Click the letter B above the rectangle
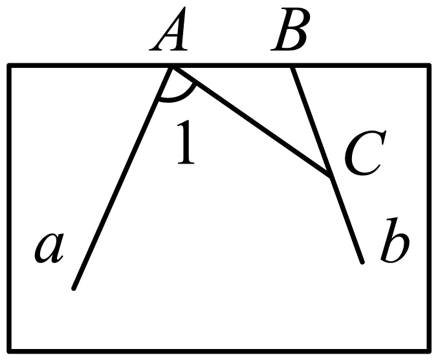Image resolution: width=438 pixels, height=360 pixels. click(x=290, y=29)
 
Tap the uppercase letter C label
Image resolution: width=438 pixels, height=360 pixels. click(x=365, y=153)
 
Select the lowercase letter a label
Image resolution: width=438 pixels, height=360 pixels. click(x=49, y=248)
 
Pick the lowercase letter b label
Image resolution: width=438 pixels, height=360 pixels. click(x=395, y=240)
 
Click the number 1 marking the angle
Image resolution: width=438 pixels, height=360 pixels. click(x=186, y=142)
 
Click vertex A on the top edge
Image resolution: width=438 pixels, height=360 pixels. click(x=172, y=67)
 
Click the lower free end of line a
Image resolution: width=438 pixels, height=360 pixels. click(x=74, y=288)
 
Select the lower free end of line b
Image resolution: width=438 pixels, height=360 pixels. click(x=362, y=262)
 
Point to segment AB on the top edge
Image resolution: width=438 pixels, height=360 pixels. click(x=232, y=66)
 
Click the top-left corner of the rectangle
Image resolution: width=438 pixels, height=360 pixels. click(x=9, y=66)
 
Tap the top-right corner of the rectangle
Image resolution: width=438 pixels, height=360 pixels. click(x=429, y=66)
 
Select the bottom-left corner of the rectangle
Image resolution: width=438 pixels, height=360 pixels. click(x=9, y=351)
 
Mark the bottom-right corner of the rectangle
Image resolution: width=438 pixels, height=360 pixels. click(x=429, y=351)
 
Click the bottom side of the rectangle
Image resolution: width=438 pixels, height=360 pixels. click(x=219, y=351)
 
